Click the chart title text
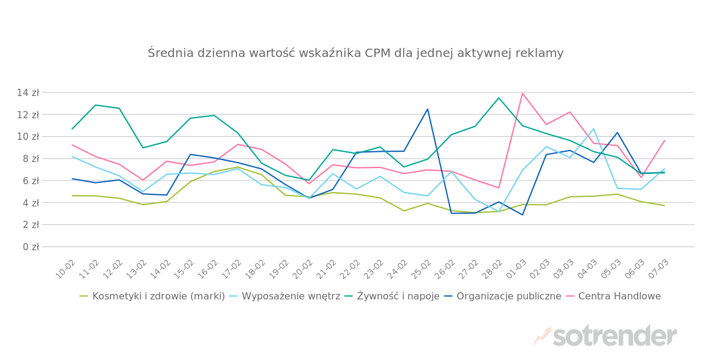click(x=355, y=53)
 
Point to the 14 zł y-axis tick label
click(x=28, y=93)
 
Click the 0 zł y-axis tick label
click(x=31, y=247)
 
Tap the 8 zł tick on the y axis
click(x=31, y=159)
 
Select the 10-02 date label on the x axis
click(x=66, y=269)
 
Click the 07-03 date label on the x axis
click(x=658, y=269)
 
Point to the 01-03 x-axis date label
click(x=516, y=269)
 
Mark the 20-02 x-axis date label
click(x=303, y=269)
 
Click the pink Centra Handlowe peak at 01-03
click(x=523, y=94)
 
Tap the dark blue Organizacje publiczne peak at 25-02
click(x=428, y=109)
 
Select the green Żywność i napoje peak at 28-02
click(x=499, y=98)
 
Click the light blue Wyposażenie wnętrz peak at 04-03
click(x=593, y=129)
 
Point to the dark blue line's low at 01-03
click(x=523, y=215)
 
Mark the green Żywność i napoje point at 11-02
click(x=95, y=105)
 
